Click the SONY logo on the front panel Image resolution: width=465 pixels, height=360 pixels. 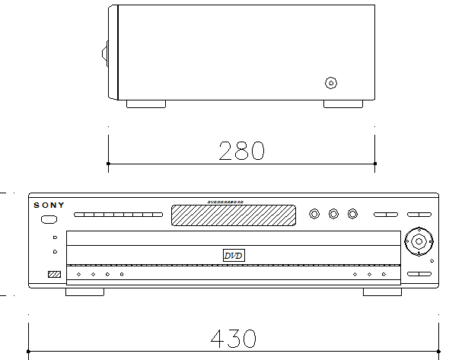coord(49,205)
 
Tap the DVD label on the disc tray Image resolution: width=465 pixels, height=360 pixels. coord(233,256)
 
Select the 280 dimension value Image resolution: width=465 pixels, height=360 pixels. coord(241,150)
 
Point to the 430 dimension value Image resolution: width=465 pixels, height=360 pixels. coord(232,338)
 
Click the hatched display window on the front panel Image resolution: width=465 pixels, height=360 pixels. coord(232,215)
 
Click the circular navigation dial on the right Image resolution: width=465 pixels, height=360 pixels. coord(418,241)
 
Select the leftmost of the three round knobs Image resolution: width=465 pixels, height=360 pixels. coord(314,214)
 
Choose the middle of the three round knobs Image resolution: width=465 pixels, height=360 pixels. coord(333,214)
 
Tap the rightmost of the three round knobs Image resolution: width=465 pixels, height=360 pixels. coord(352,214)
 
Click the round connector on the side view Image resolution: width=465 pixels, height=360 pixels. coord(330,83)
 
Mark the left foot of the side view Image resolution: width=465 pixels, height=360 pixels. coord(145,104)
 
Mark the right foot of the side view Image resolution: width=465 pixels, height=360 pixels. coord(343,104)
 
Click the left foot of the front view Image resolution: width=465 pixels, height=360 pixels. coord(84,292)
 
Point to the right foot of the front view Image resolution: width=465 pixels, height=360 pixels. coord(382,292)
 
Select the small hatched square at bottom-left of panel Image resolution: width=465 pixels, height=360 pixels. coord(53,275)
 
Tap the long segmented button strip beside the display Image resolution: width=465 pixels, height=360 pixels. coord(118,215)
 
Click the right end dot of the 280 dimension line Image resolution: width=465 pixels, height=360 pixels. coord(376,163)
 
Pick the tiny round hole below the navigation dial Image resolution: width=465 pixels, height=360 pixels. coord(432,261)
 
